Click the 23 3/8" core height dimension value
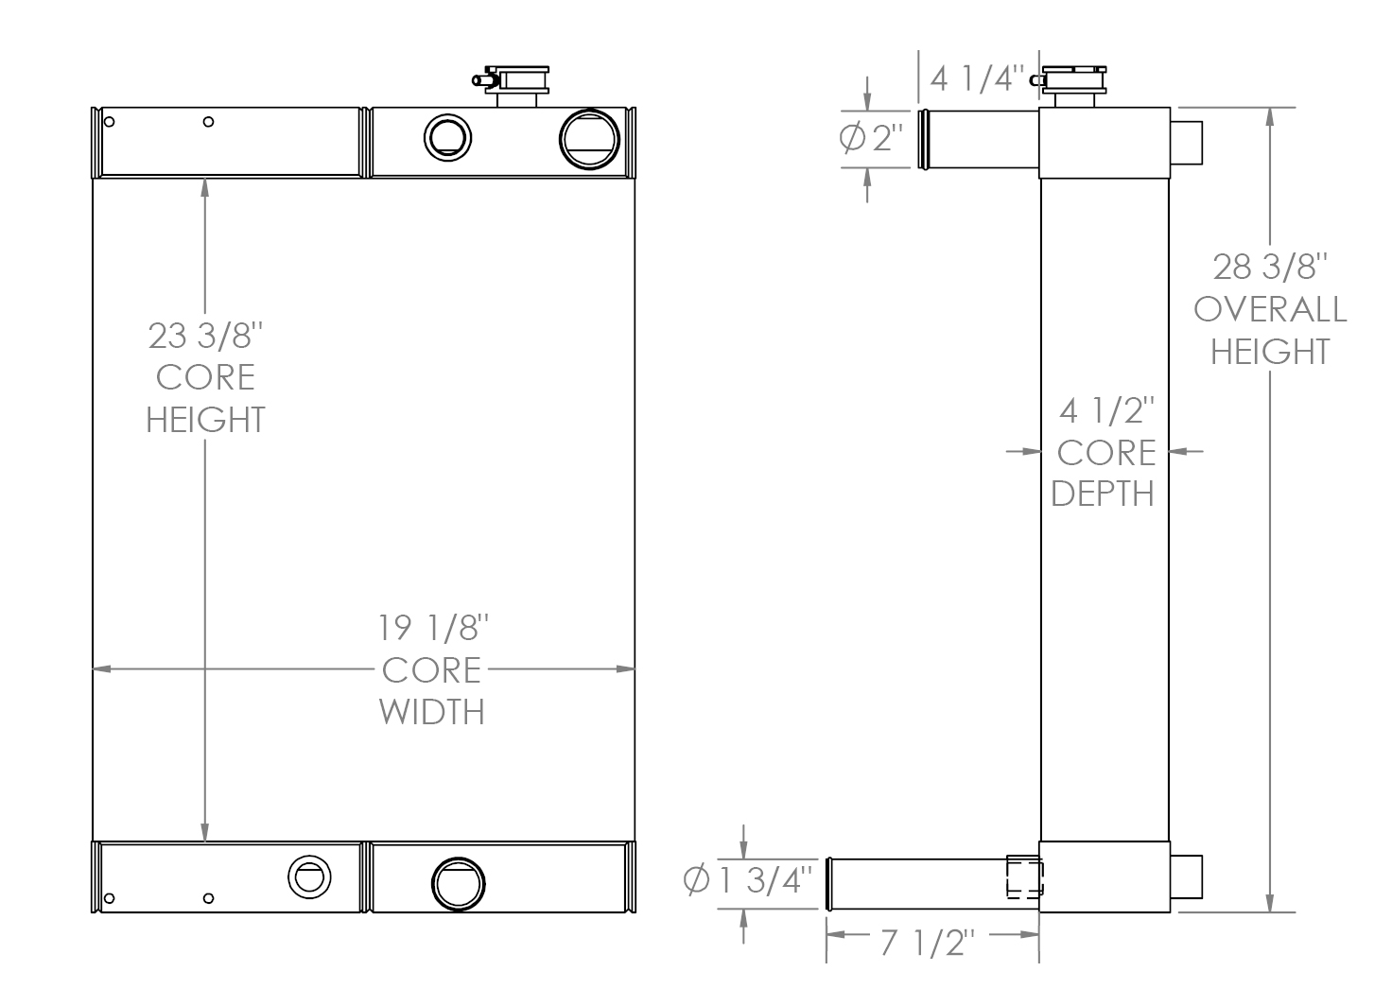(x=204, y=336)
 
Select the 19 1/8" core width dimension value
(x=433, y=628)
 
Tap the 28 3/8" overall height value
(x=1270, y=268)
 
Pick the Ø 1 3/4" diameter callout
(x=747, y=881)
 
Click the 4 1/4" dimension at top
(x=977, y=78)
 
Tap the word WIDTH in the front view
(x=432, y=711)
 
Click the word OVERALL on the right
(x=1270, y=309)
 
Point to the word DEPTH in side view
(x=1103, y=493)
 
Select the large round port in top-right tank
(x=589, y=139)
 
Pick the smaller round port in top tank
(x=446, y=138)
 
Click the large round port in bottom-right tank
(x=459, y=883)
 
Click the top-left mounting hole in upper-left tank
(x=110, y=122)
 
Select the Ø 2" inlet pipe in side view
(x=979, y=139)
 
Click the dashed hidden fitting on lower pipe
(x=1024, y=876)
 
